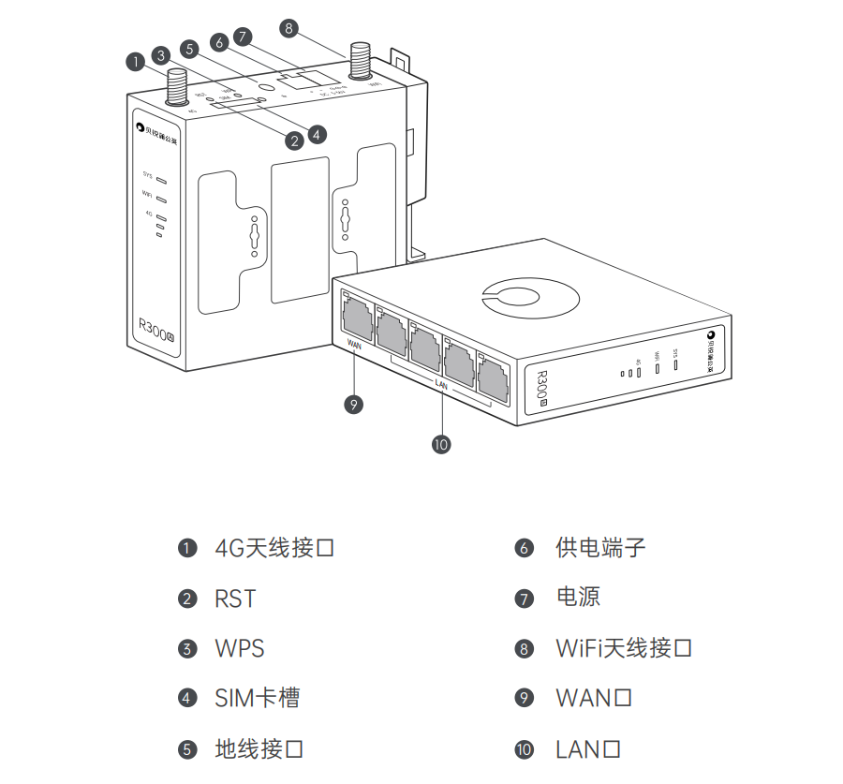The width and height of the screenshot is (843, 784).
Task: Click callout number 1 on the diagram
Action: click(x=136, y=62)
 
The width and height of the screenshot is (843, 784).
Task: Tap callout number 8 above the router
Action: click(x=288, y=28)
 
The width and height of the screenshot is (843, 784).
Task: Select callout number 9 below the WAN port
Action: click(x=352, y=405)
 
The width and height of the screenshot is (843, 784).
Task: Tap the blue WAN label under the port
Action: click(x=354, y=344)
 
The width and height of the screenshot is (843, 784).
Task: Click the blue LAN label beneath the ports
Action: click(x=441, y=385)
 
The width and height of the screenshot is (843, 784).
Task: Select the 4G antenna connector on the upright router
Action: click(x=176, y=89)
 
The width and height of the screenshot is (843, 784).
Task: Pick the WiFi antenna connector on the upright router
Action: click(x=359, y=63)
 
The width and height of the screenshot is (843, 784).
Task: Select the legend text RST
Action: click(x=235, y=599)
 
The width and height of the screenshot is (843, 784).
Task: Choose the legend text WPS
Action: click(x=240, y=648)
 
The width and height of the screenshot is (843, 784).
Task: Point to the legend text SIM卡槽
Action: click(x=258, y=699)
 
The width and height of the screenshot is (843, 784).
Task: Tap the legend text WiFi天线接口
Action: click(x=624, y=648)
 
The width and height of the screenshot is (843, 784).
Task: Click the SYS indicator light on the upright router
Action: click(x=161, y=177)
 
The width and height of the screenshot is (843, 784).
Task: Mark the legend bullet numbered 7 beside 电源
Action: click(x=524, y=599)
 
